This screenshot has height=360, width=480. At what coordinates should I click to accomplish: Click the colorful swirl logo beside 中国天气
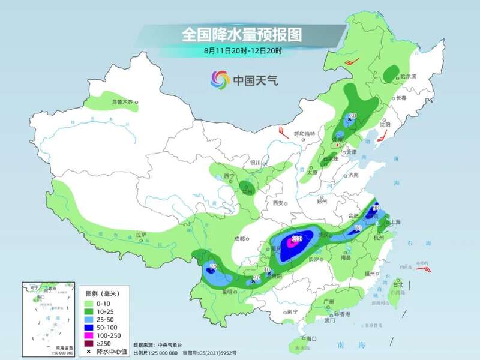coord(220,79)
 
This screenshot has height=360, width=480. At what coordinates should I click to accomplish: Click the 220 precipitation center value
coord(296,239)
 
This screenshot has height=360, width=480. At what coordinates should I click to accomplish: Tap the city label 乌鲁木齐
coord(122,103)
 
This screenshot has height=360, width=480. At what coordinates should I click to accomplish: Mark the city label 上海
coord(395,222)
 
